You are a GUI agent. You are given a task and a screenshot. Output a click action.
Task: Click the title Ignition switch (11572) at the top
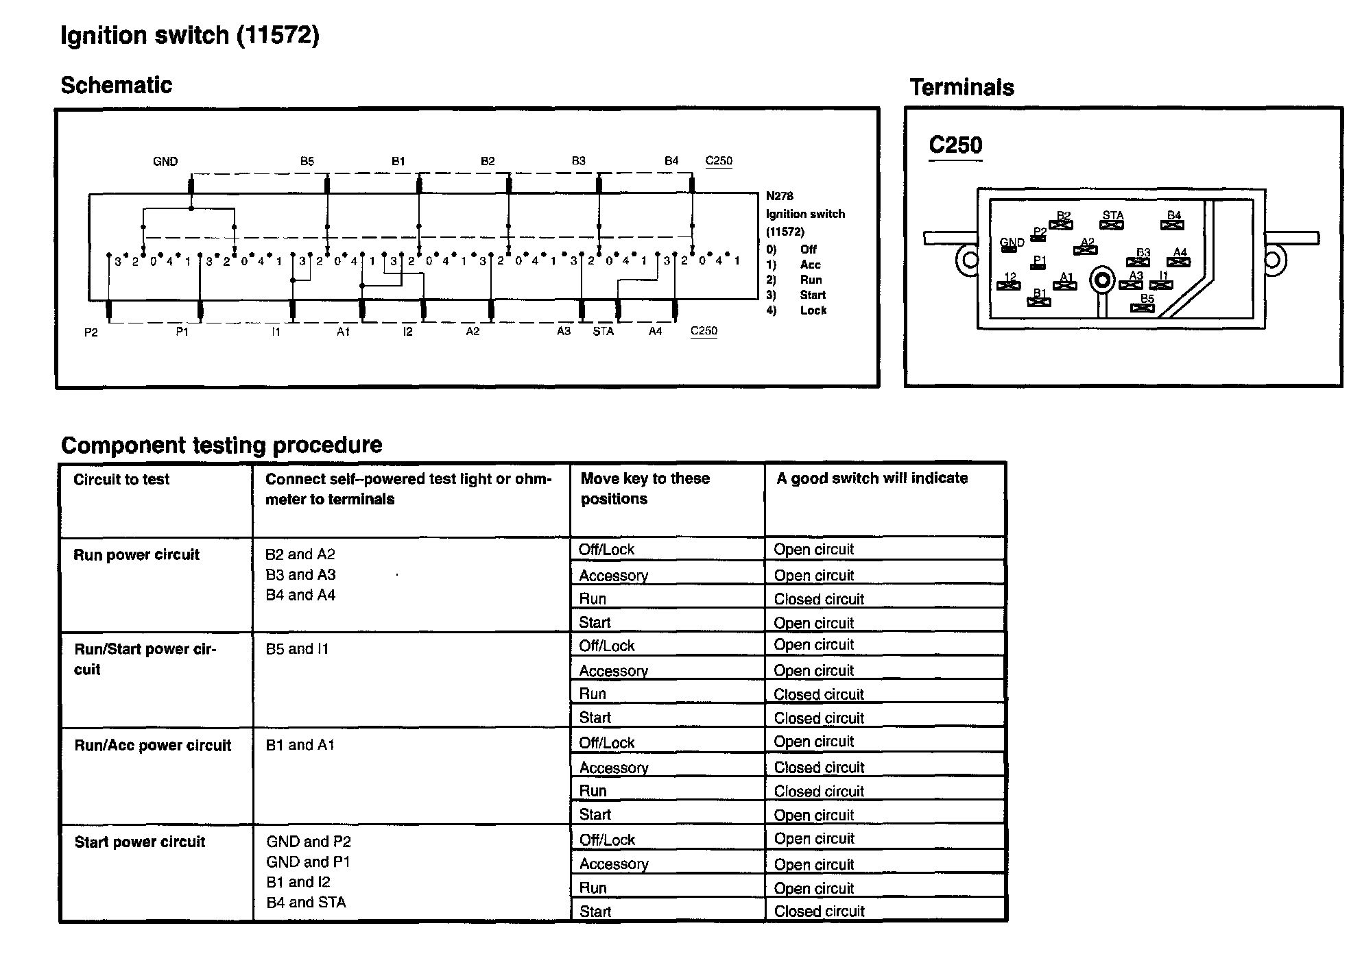click(189, 35)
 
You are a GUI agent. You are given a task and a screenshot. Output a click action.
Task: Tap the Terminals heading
click(961, 88)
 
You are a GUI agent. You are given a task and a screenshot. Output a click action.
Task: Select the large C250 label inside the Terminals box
click(955, 145)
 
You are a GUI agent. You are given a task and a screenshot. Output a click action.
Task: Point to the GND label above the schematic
click(165, 162)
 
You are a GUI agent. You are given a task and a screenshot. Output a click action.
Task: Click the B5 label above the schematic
click(307, 161)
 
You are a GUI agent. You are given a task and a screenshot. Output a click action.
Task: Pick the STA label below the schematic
click(603, 332)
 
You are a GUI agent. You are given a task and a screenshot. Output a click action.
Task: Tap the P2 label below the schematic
click(91, 332)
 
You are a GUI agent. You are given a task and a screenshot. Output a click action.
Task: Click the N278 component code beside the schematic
click(779, 196)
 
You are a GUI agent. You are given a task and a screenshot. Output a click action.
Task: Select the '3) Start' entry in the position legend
click(796, 295)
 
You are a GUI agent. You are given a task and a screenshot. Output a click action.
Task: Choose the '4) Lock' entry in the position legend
click(796, 310)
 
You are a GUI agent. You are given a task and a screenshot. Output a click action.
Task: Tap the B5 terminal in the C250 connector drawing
click(1143, 304)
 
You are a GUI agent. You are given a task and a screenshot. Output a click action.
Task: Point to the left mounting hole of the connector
click(970, 260)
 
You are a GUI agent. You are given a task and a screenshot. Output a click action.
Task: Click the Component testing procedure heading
click(222, 445)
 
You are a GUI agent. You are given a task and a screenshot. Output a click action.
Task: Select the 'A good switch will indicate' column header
click(872, 478)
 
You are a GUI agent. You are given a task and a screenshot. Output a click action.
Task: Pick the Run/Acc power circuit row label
click(152, 746)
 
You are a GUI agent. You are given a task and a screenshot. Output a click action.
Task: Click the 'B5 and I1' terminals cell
click(297, 649)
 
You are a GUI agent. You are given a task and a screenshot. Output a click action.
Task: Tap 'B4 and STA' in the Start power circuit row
click(306, 903)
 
